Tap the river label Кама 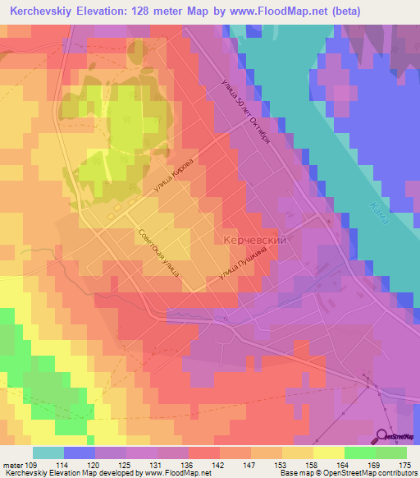click(x=378, y=215)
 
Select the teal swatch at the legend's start click(x=48, y=453)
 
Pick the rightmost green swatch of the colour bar click(x=390, y=453)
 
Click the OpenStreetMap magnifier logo click(x=381, y=436)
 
